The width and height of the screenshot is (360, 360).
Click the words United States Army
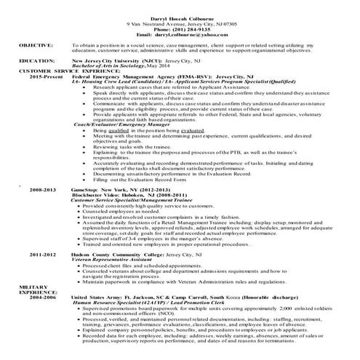97,297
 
